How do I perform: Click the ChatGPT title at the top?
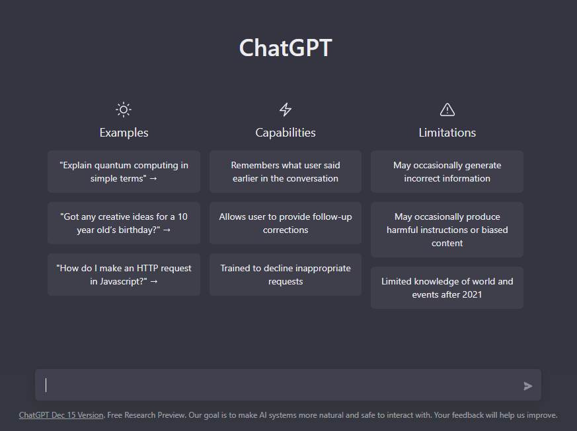[x=286, y=48]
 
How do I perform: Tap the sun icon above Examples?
[x=124, y=110]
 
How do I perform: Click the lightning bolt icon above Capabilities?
[x=286, y=110]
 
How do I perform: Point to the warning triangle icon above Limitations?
[x=447, y=110]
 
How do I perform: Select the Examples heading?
[x=124, y=133]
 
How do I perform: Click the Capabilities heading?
[x=286, y=133]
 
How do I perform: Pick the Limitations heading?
[x=447, y=133]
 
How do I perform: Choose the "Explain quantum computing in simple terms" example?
[x=124, y=172]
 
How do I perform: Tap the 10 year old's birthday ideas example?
[x=124, y=223]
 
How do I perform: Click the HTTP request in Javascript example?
[x=124, y=275]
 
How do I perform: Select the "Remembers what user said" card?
[x=286, y=172]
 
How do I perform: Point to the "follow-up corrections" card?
[x=286, y=223]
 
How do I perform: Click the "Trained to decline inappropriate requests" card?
[x=286, y=275]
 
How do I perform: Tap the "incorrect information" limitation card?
[x=447, y=172]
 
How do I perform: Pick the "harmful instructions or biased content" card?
[x=447, y=230]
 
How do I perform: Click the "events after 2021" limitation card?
[x=447, y=288]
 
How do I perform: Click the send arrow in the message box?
[x=527, y=386]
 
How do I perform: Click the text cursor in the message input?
[x=46, y=385]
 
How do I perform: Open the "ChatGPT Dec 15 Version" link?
[x=61, y=415]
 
